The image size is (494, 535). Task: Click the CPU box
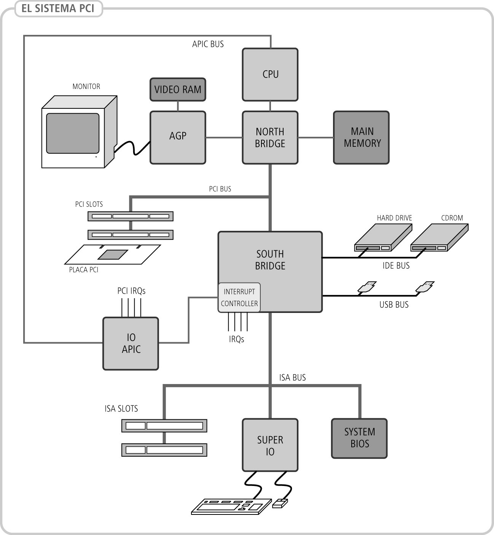(270, 75)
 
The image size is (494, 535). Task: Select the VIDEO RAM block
(178, 90)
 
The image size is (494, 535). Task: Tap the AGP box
(178, 137)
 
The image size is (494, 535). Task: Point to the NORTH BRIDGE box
(270, 137)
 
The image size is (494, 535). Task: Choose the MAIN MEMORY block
(361, 137)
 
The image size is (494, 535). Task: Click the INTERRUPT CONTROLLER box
(239, 297)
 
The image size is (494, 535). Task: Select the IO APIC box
(131, 343)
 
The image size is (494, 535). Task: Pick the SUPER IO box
(270, 445)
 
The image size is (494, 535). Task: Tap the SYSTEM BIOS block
(359, 438)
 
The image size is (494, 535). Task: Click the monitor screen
(73, 133)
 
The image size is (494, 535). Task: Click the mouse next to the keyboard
(280, 503)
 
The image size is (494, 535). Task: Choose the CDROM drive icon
(439, 238)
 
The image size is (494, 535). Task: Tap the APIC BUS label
(208, 44)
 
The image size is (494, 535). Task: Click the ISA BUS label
(292, 378)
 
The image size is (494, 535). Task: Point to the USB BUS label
(394, 305)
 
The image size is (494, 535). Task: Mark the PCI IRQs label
(131, 291)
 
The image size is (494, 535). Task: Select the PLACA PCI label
(84, 270)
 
